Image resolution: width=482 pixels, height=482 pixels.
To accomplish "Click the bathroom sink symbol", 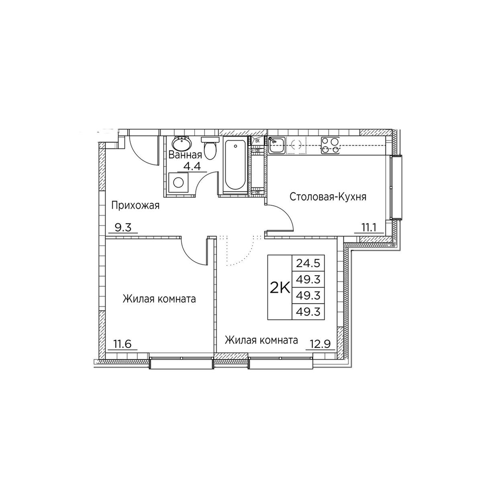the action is [x=182, y=143].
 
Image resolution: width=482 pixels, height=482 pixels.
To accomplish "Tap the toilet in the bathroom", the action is [x=210, y=148].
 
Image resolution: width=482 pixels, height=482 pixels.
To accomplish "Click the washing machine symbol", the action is [x=178, y=183].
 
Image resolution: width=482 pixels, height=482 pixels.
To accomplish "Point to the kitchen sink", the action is [x=277, y=145].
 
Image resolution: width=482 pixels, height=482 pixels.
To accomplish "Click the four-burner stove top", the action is [x=330, y=145].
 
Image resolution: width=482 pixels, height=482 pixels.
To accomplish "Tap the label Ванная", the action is [x=185, y=155].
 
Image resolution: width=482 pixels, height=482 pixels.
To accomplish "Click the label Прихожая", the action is [x=135, y=205].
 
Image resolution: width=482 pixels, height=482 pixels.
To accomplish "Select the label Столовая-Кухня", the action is [x=328, y=197].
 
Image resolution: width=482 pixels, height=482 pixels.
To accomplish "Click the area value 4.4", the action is [x=192, y=166].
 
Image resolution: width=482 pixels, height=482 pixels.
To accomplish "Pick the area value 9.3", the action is [x=123, y=228].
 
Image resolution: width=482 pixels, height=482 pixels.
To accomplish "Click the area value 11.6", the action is [x=122, y=344].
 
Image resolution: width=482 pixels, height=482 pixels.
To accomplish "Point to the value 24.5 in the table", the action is [x=304, y=264].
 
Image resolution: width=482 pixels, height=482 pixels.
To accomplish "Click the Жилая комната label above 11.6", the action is [x=159, y=299].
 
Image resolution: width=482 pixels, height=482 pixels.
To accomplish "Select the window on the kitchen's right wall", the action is [x=396, y=187].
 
